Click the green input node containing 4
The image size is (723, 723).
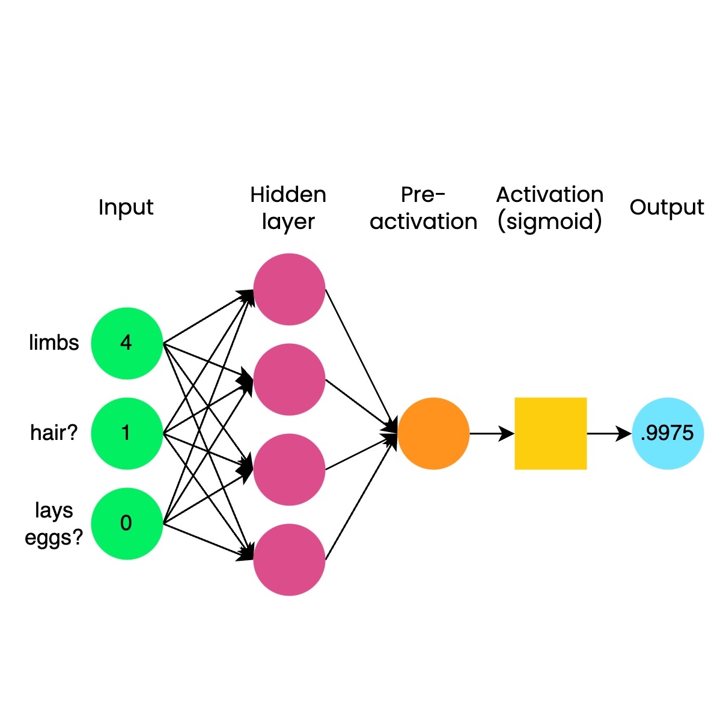tap(127, 343)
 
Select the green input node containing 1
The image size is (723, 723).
tap(127, 433)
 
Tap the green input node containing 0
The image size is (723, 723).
tap(127, 523)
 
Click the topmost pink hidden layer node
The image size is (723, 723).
tap(289, 289)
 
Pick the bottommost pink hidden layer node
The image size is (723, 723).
tap(289, 560)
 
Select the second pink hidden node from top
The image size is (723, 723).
tap(289, 379)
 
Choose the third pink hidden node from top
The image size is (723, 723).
tap(289, 469)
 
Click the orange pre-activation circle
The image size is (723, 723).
tap(433, 433)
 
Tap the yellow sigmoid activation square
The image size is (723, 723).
tap(551, 433)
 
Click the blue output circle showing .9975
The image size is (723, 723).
tap(668, 433)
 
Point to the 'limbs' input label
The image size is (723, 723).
tap(54, 343)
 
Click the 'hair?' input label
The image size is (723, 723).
tap(54, 433)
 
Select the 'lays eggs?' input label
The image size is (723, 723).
tap(54, 523)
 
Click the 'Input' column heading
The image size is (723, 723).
tap(126, 207)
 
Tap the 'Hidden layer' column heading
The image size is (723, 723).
tap(288, 208)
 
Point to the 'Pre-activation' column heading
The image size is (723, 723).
tap(424, 208)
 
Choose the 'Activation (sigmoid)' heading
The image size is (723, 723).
tap(550, 208)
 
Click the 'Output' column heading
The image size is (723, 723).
tap(667, 207)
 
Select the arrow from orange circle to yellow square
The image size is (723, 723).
tap(492, 433)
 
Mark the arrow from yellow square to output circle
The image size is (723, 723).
tap(609, 433)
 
